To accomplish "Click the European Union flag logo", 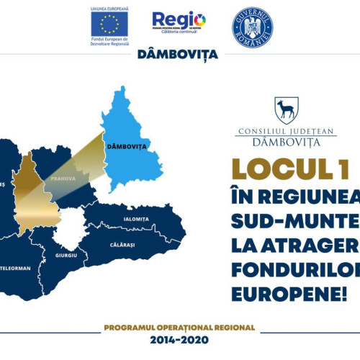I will click(109, 24).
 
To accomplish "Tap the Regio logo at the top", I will click(179, 22).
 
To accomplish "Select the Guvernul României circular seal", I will click(252, 25).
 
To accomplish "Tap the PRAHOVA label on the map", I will click(63, 178).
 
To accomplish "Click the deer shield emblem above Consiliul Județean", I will click(284, 110).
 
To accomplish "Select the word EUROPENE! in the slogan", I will click(289, 294).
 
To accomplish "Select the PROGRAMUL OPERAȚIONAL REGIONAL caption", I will click(179, 327).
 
